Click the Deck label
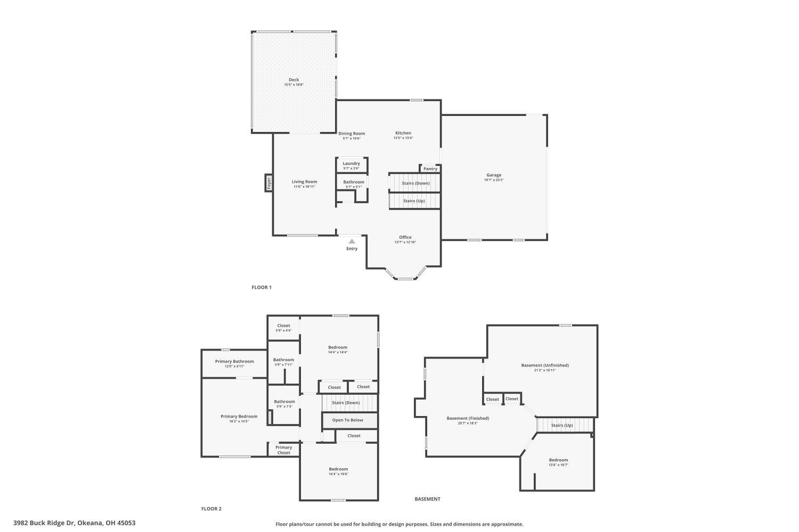pos(293,80)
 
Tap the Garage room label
pos(493,175)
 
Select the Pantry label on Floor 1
pos(430,169)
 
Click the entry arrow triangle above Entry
pos(352,242)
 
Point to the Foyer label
pos(269,183)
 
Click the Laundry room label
pos(351,163)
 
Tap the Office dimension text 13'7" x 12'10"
pos(405,242)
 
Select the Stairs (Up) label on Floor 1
pos(414,201)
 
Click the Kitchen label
pos(403,133)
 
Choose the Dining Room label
pos(352,134)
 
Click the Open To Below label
pos(347,420)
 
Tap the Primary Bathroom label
pos(234,361)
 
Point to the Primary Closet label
pos(283,450)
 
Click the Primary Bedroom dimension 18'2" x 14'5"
pos(239,421)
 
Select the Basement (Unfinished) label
pos(544,365)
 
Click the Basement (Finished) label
pos(468,418)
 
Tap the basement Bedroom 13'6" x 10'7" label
pos(558,460)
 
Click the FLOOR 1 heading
pos(262,287)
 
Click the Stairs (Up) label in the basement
pos(561,425)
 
